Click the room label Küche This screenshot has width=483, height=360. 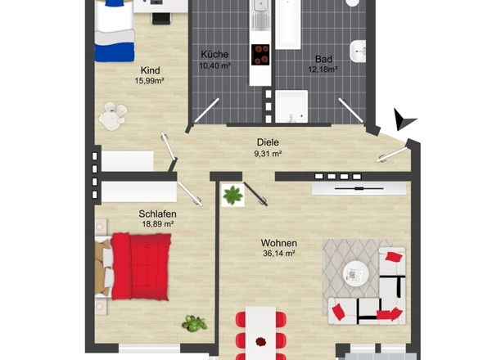pyautogui.click(x=214, y=55)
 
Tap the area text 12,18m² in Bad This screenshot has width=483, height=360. pyautogui.click(x=323, y=69)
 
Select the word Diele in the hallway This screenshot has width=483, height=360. pyautogui.click(x=268, y=142)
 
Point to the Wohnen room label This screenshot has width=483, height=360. pyautogui.click(x=279, y=243)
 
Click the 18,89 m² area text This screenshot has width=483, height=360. pyautogui.click(x=157, y=224)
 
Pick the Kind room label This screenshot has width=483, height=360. pyautogui.click(x=151, y=70)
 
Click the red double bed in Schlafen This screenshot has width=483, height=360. pyautogui.click(x=141, y=267)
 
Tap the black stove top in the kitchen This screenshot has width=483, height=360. pyautogui.click(x=260, y=55)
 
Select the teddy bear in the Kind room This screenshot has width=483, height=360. pyautogui.click(x=113, y=116)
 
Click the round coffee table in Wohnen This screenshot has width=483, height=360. pyautogui.click(x=356, y=274)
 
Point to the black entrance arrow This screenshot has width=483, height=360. pyautogui.click(x=403, y=119)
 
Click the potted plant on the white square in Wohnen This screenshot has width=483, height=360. pyautogui.click(x=232, y=196)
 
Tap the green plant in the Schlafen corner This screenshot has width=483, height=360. pyautogui.click(x=194, y=323)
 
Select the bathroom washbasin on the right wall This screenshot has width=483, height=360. pyautogui.click(x=358, y=51)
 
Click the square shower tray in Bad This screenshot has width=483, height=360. pyautogui.click(x=291, y=106)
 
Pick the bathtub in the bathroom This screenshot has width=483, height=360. pyautogui.click(x=287, y=24)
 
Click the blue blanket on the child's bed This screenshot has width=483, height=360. pyautogui.click(x=115, y=52)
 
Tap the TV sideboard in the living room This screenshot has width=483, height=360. pyautogui.click(x=359, y=188)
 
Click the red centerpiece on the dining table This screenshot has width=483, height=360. pyautogui.click(x=261, y=341)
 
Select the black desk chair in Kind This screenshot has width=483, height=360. pyautogui.click(x=160, y=19)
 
